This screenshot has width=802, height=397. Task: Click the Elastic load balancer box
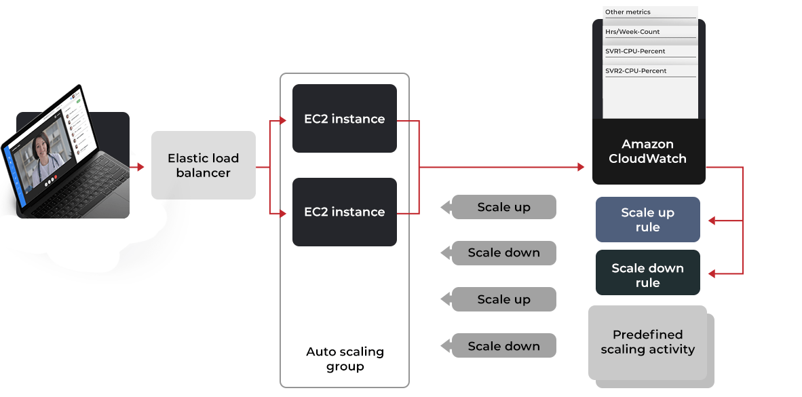click(204, 165)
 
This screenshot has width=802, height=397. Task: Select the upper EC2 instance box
click(344, 119)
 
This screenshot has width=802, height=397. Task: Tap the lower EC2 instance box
click(344, 212)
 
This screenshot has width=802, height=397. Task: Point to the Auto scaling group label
click(345, 359)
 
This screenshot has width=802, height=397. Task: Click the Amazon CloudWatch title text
click(647, 151)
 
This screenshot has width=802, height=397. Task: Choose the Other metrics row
click(649, 12)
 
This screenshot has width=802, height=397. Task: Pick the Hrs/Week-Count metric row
click(649, 32)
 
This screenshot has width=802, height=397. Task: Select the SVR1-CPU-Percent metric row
click(649, 52)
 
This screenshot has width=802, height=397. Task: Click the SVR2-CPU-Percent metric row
click(649, 71)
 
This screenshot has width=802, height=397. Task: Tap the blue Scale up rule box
click(647, 220)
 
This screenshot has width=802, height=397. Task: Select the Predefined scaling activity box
click(647, 343)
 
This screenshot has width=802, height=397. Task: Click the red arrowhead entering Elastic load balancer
click(140, 167)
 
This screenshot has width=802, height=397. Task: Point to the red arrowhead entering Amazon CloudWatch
click(580, 167)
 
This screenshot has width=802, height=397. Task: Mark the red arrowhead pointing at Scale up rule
click(712, 221)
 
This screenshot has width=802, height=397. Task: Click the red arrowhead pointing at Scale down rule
click(712, 274)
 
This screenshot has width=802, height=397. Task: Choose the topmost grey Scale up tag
click(503, 207)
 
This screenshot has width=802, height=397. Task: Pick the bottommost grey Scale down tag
click(503, 346)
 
